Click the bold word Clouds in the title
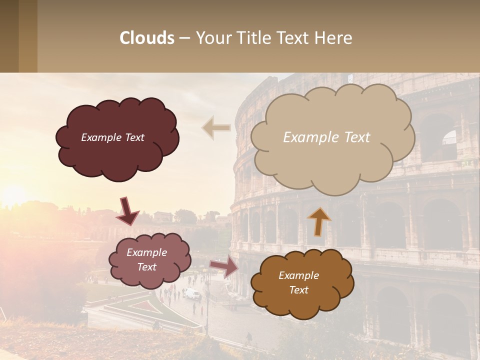click(147, 38)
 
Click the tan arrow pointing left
click(216, 128)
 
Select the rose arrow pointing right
click(224, 266)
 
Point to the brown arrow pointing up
click(319, 221)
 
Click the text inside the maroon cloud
click(112, 137)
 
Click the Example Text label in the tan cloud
click(326, 137)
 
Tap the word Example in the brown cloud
click(298, 275)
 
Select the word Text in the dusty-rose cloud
click(147, 267)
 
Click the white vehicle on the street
click(192, 293)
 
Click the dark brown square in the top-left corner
click(9, 36)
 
